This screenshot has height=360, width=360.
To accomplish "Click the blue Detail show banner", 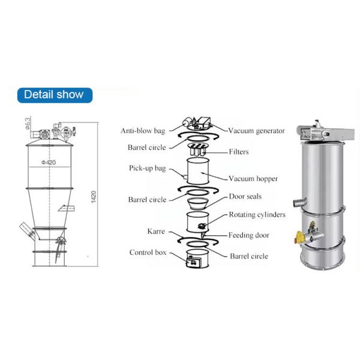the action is (55, 95).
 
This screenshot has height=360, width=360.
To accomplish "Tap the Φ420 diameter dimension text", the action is (49, 163).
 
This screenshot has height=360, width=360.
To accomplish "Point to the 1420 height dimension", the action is (94, 197).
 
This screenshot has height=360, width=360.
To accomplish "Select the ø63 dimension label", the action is (28, 124).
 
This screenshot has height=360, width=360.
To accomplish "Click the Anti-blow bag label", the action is (143, 131).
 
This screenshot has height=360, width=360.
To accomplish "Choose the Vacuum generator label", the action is (256, 131).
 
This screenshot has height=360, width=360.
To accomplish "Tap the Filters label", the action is (239, 152).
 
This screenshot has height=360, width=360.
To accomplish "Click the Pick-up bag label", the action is (147, 168).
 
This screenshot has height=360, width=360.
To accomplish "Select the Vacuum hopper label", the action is (253, 179).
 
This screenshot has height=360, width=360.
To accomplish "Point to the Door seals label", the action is (245, 197).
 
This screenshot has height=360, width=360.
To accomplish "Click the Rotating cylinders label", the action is (257, 215).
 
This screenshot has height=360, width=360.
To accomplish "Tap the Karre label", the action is (156, 232).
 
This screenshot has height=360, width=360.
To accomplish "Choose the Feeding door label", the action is (248, 235).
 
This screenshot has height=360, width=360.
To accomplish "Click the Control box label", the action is (148, 253).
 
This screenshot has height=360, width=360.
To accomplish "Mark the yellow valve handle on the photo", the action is (299, 238).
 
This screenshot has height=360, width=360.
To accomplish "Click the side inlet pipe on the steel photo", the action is (300, 202).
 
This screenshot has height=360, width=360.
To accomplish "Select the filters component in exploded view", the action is (197, 149).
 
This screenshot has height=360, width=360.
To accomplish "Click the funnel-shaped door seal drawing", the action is (197, 203).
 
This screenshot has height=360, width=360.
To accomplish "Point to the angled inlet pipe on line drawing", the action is (27, 231).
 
